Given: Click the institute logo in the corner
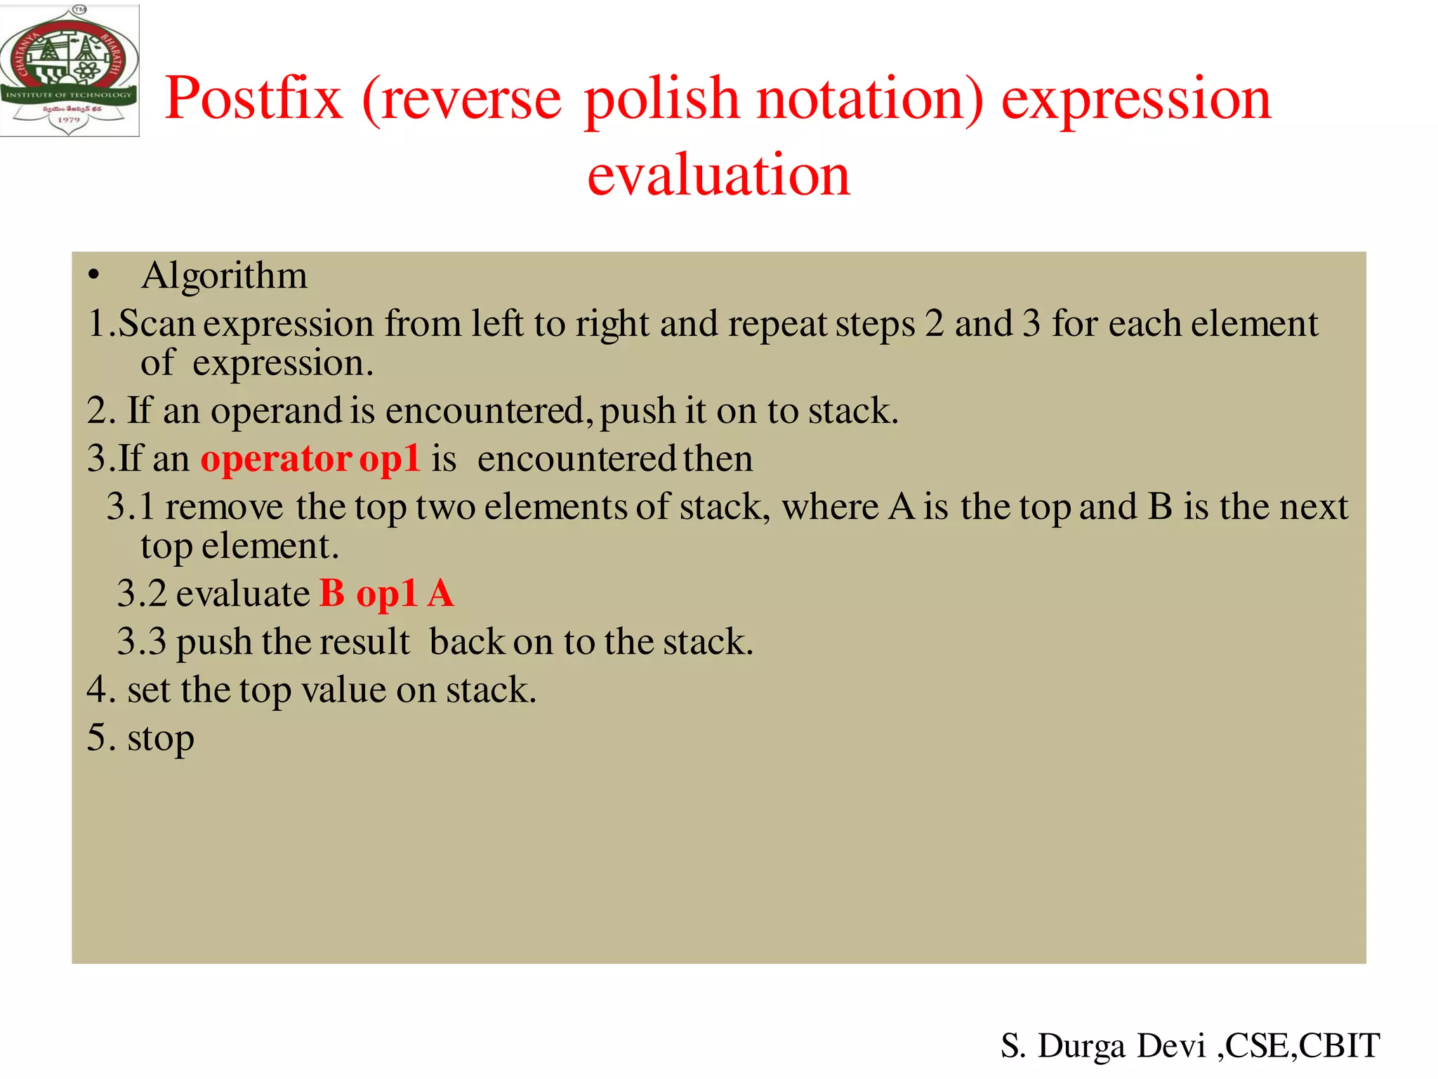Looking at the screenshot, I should [x=69, y=70].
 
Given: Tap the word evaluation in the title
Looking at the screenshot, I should [x=718, y=174].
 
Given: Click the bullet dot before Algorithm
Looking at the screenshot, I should [x=94, y=276].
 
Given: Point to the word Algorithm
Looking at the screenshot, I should [x=224, y=275].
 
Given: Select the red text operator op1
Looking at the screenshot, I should [x=310, y=459].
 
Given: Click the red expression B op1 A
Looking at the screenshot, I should [x=386, y=594].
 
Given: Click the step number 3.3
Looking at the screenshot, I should [x=141, y=641].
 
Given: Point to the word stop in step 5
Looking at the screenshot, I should [x=161, y=738].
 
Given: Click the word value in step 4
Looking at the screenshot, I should [x=343, y=690].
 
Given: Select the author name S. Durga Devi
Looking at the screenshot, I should [x=1102, y=1046].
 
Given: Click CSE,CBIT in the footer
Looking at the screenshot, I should [x=1302, y=1046].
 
